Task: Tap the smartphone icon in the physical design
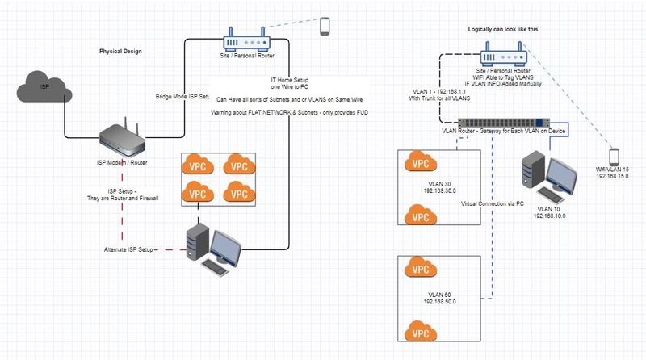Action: point(325,27)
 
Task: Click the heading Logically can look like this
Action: point(503,29)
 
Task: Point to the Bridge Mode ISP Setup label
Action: point(182,96)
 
